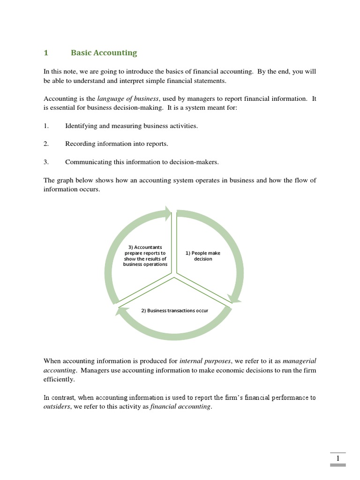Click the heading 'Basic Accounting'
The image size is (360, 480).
coord(104,53)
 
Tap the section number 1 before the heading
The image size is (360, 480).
coord(46,53)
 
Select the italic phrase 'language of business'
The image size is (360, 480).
coord(127,98)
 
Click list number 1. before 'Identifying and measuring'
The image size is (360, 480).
coord(46,126)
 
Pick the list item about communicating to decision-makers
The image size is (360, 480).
coord(142,162)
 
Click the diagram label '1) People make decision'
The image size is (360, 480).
coord(203,256)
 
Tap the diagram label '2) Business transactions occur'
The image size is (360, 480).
coord(174,311)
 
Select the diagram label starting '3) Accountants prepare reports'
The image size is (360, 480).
coord(145,255)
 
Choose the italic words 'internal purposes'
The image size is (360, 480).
coord(205,361)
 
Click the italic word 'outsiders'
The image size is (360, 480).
coord(57,407)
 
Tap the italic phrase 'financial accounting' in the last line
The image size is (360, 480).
coord(180,407)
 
